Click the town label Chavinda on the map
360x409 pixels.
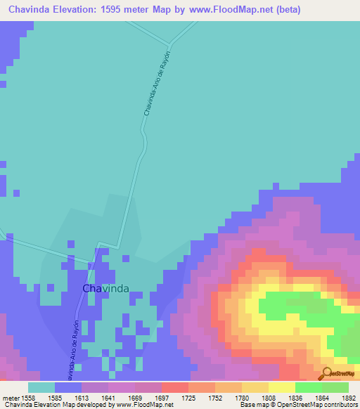pos(105,289)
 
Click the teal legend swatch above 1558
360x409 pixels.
pos(41,387)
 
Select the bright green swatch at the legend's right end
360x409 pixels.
pos(335,387)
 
